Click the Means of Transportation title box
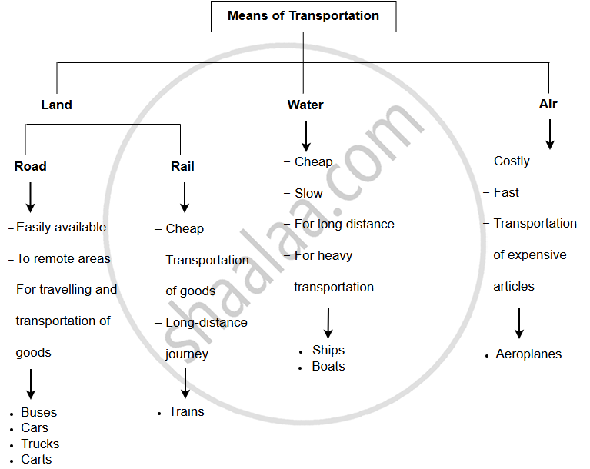pyautogui.click(x=303, y=16)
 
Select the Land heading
pyautogui.click(x=56, y=105)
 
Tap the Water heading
pyautogui.click(x=305, y=105)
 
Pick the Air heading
pyautogui.click(x=548, y=104)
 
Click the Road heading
pyautogui.click(x=30, y=166)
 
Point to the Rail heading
pyautogui.click(x=182, y=166)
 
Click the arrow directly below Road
pyautogui.click(x=30, y=197)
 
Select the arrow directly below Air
pyautogui.click(x=549, y=134)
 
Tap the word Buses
pyautogui.click(x=38, y=412)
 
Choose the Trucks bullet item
pyautogui.click(x=40, y=444)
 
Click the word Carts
pyautogui.click(x=36, y=459)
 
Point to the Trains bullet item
pyautogui.click(x=186, y=411)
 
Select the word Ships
pyautogui.click(x=328, y=350)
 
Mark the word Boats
pyautogui.click(x=328, y=366)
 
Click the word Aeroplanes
pyautogui.click(x=528, y=354)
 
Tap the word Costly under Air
pyautogui.click(x=512, y=161)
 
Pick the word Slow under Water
pyautogui.click(x=308, y=193)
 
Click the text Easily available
pyautogui.click(x=61, y=227)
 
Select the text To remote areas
pyautogui.click(x=63, y=258)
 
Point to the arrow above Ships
pyautogui.click(x=328, y=323)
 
